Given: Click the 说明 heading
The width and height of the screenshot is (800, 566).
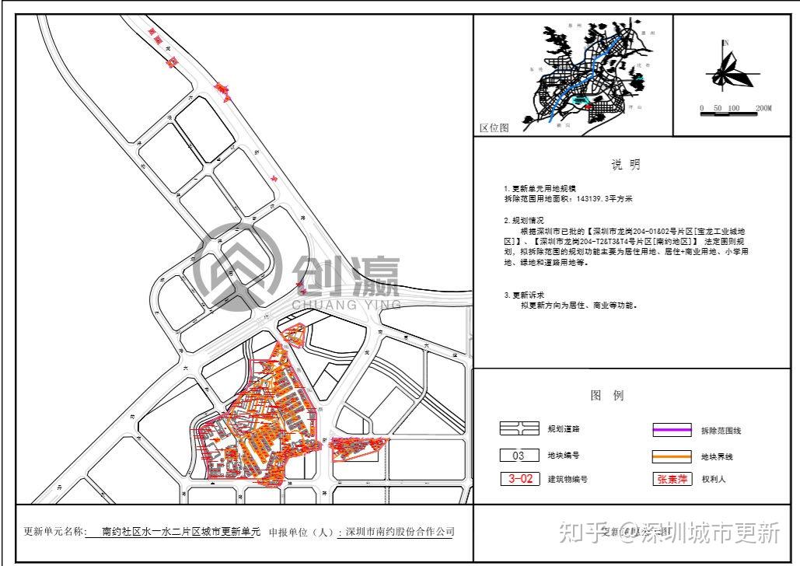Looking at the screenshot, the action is [x=626, y=165].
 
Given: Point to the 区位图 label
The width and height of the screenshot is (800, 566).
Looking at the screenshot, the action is [x=494, y=128].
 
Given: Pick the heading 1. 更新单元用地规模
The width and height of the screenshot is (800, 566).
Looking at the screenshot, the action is [x=540, y=189].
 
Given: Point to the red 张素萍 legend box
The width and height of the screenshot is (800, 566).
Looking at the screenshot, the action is [x=671, y=479].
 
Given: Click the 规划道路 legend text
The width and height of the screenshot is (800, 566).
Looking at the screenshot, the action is [x=563, y=429].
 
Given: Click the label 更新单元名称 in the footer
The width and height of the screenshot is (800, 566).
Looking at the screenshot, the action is [x=52, y=533].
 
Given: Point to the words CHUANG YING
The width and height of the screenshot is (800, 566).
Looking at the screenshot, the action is [x=346, y=305].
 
